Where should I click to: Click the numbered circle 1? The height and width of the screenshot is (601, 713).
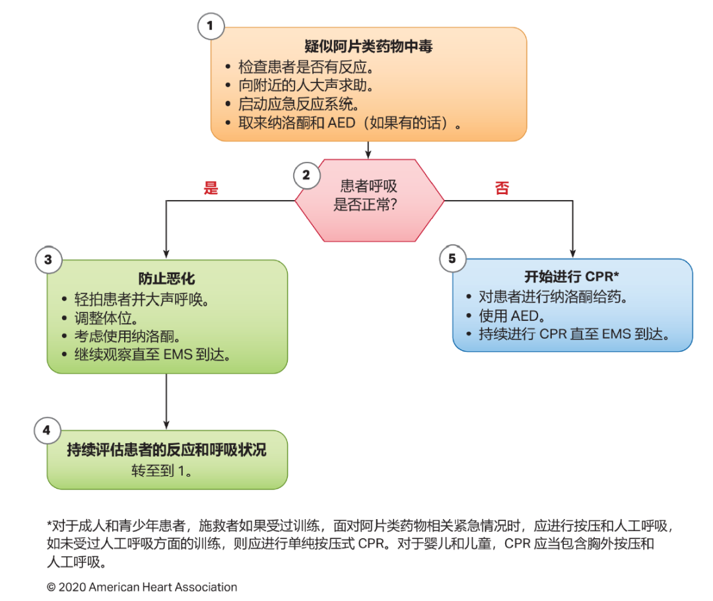pos(211,26)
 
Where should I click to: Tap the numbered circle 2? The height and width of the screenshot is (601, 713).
pos(306,175)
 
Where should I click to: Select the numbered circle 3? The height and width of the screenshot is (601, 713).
pos(48,260)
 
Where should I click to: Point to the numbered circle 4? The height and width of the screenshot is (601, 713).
pos(47,431)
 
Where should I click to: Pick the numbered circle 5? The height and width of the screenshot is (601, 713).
pos(452,258)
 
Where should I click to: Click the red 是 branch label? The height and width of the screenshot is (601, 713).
pos(211,188)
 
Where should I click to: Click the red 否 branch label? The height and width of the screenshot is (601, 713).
pos(502,188)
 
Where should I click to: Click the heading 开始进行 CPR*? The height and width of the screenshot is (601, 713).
pos(572,277)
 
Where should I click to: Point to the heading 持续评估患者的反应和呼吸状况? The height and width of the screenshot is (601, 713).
pos(166,450)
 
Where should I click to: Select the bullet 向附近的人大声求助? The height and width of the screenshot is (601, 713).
pos(305,85)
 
